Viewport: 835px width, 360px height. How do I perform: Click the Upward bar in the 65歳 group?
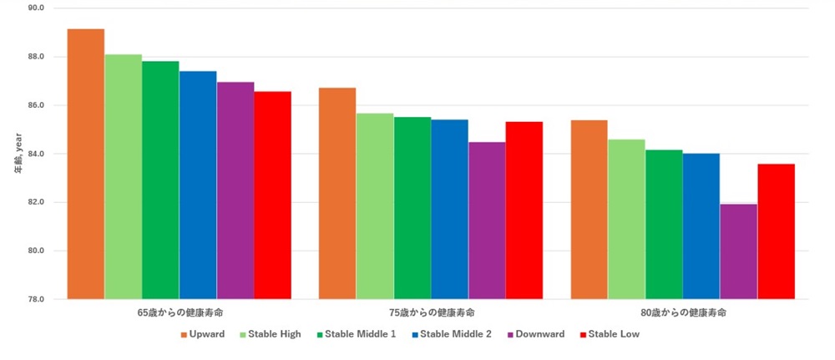pyautogui.click(x=86, y=164)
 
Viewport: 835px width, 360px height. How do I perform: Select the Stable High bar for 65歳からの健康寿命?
pyautogui.click(x=124, y=176)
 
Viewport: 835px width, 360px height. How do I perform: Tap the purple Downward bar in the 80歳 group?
pyautogui.click(x=738, y=251)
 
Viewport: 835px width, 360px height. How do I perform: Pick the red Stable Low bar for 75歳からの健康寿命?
pyautogui.click(x=524, y=210)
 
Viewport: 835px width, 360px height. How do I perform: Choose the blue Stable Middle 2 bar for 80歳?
pyautogui.click(x=701, y=226)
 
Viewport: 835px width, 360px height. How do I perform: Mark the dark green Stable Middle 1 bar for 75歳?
pyautogui.click(x=412, y=208)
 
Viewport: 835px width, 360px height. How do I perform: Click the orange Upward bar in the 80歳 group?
pyautogui.click(x=590, y=210)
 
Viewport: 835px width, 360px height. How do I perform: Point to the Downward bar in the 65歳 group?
pyautogui.click(x=235, y=190)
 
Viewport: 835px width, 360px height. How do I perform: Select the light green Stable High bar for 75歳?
pyautogui.click(x=375, y=206)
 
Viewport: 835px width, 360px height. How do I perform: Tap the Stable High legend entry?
pyautogui.click(x=271, y=334)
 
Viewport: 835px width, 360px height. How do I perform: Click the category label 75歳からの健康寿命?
pyautogui.click(x=431, y=312)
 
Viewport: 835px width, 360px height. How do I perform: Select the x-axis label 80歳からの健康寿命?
pyautogui.click(x=683, y=312)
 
